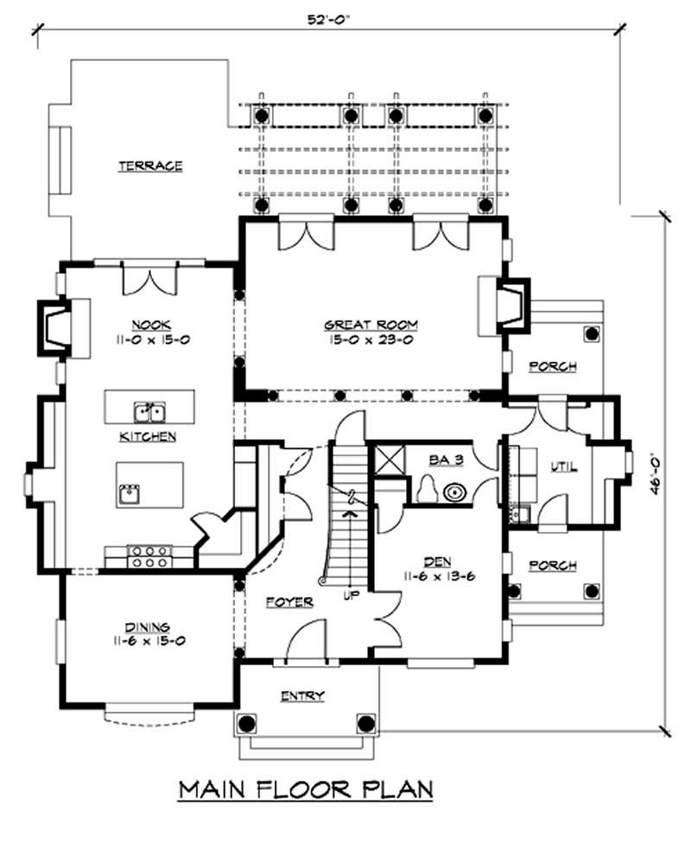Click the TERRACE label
coord(150,166)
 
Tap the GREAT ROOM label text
coord(371,325)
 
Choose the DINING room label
coord(146,627)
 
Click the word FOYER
coord(289,602)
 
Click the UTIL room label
coord(563,467)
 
